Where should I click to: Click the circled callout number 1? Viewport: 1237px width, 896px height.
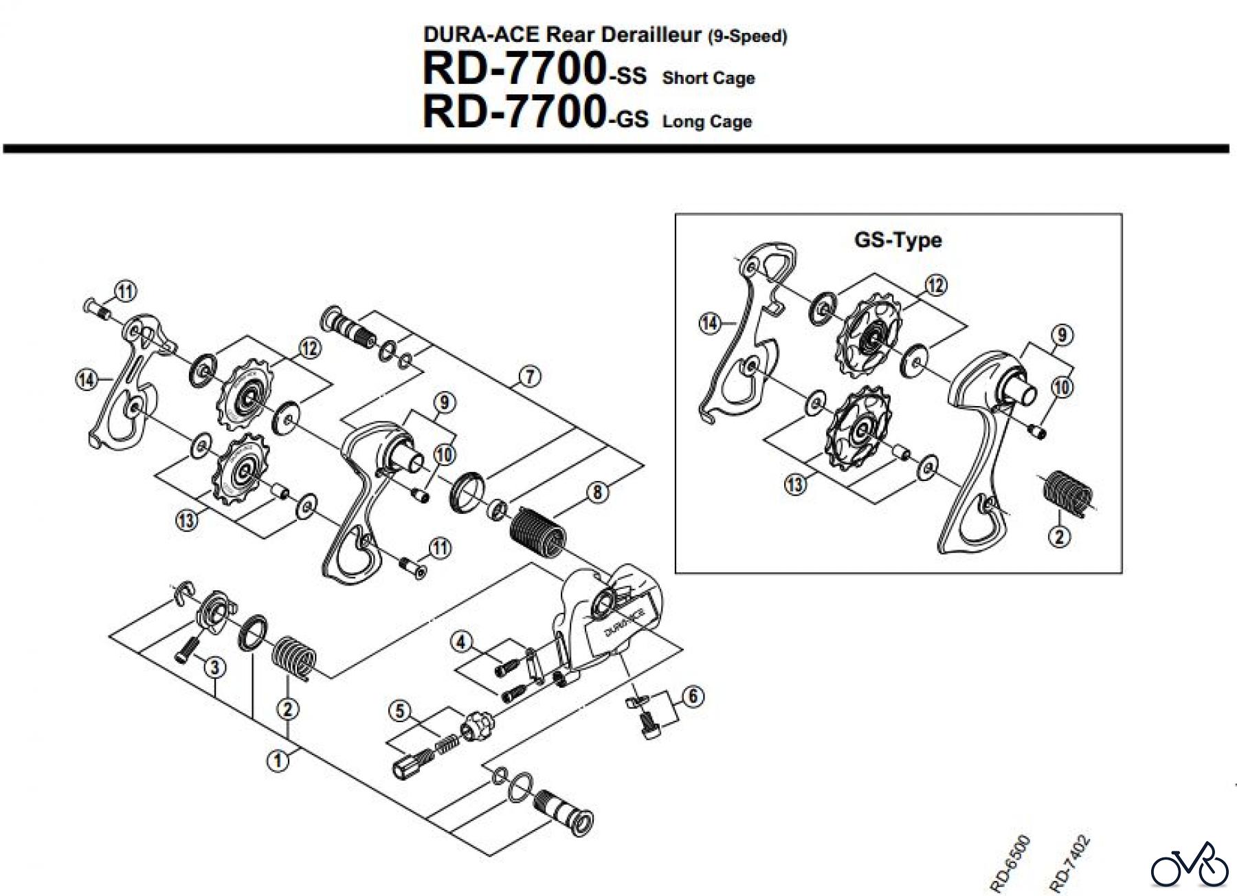pyautogui.click(x=278, y=761)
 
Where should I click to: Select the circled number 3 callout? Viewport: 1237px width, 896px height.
pyautogui.click(x=215, y=667)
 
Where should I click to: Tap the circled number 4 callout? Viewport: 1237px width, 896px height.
pyautogui.click(x=461, y=642)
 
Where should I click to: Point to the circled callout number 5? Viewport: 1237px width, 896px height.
pyautogui.click(x=399, y=711)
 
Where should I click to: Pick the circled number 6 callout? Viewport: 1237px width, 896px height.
pyautogui.click(x=692, y=696)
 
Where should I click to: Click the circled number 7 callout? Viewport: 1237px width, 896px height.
pyautogui.click(x=530, y=377)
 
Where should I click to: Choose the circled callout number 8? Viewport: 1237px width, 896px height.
pyautogui.click(x=597, y=492)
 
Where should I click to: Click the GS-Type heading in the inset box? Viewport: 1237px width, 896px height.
pyautogui.click(x=898, y=240)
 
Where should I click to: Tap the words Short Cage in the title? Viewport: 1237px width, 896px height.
pyautogui.click(x=709, y=78)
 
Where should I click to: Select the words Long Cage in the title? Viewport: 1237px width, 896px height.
pyautogui.click(x=707, y=122)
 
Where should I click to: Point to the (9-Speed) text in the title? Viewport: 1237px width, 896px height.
pyautogui.click(x=747, y=36)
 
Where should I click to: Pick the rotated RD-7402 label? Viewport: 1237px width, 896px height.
pyautogui.click(x=1069, y=863)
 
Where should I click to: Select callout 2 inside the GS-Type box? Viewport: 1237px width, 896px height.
pyautogui.click(x=1059, y=536)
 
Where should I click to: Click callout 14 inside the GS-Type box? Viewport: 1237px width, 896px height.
pyautogui.click(x=710, y=322)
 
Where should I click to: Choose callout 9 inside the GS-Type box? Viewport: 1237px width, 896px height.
pyautogui.click(x=1062, y=335)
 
